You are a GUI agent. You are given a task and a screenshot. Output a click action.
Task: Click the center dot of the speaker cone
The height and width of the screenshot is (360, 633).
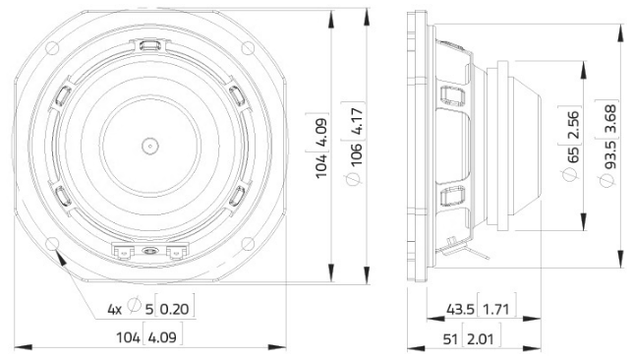coord(149,143)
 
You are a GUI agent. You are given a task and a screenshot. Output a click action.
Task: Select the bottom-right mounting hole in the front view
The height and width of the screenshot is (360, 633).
coord(248,242)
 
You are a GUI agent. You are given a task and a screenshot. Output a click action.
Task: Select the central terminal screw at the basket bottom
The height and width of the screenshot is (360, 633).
coord(149,253)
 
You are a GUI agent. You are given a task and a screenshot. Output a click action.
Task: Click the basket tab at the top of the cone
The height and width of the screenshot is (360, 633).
coord(149,46)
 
